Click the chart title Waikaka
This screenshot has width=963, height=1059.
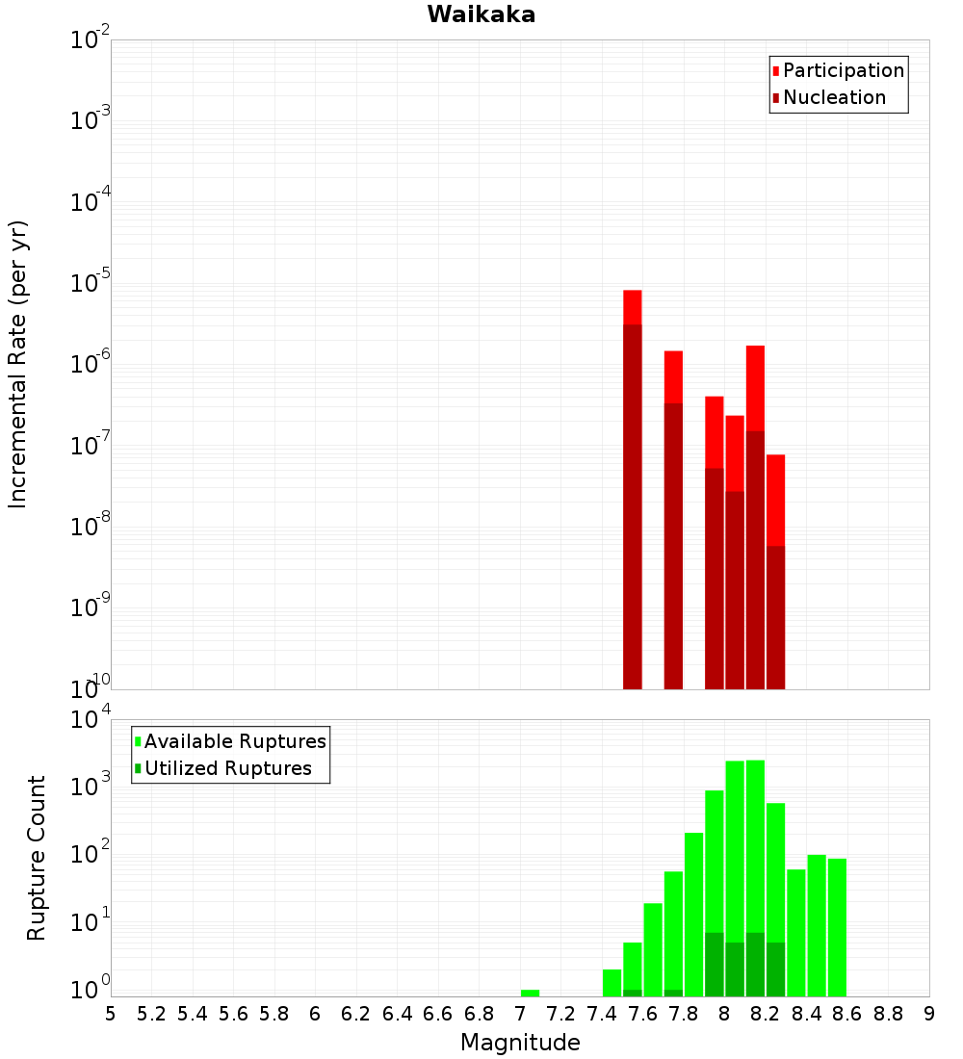coord(481,14)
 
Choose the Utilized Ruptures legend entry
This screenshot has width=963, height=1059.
coord(227,768)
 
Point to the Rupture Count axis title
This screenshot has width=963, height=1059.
coord(37,858)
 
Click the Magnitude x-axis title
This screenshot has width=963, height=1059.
coord(520,1043)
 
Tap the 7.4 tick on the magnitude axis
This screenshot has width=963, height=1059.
coord(602,1014)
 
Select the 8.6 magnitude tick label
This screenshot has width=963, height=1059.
coord(847,1014)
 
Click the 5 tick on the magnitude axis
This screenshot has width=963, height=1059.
coord(111,1014)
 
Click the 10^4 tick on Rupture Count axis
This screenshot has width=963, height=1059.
coord(91,720)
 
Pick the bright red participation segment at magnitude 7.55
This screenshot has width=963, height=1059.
coord(633,307)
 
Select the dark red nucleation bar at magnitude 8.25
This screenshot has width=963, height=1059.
coord(776,617)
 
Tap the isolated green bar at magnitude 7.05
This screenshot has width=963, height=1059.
coord(530,993)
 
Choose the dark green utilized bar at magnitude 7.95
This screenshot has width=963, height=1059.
coord(715,964)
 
